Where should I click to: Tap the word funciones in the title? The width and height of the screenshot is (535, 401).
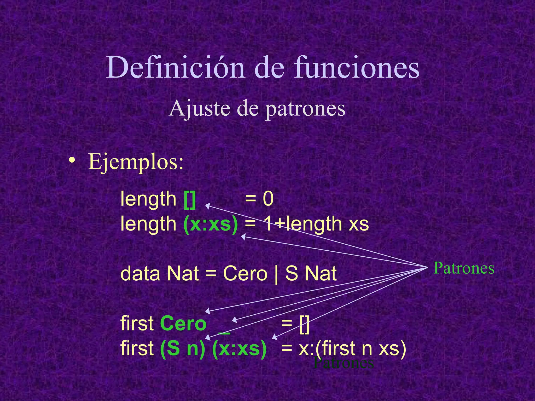(356, 68)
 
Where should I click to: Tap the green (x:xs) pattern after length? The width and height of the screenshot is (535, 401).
(211, 224)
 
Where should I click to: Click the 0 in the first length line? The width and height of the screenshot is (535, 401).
(268, 199)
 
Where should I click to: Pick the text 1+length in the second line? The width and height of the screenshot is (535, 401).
(303, 224)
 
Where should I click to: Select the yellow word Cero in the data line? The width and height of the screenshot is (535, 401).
(245, 274)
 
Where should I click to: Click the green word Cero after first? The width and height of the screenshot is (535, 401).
(183, 324)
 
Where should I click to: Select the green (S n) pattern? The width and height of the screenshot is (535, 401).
(183, 349)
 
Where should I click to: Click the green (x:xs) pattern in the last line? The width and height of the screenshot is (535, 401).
(239, 349)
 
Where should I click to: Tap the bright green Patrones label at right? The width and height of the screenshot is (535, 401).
(464, 268)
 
